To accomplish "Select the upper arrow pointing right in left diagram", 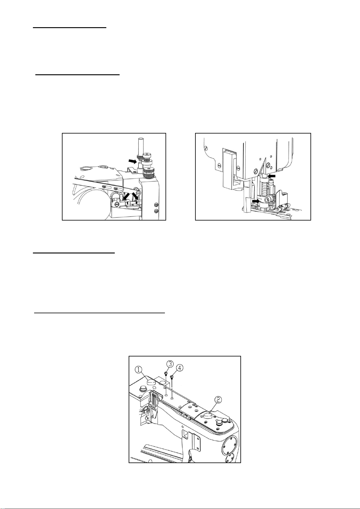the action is [133, 161].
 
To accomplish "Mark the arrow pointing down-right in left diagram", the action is [135, 195].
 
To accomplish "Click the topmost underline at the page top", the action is [69, 27].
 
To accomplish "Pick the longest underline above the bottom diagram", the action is [99, 313].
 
